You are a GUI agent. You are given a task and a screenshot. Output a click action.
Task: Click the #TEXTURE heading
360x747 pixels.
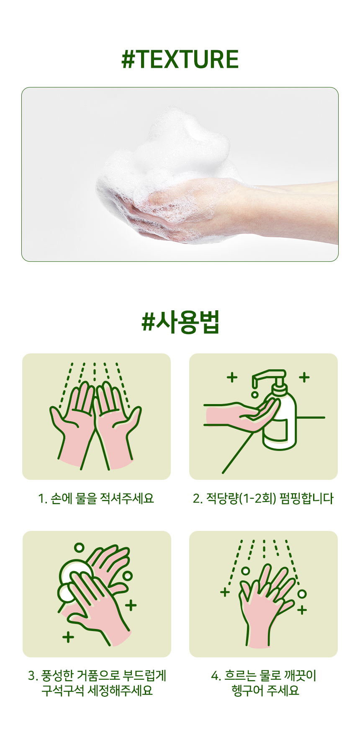coord(180,59)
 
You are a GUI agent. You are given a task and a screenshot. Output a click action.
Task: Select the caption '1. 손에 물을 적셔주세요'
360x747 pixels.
coord(96,498)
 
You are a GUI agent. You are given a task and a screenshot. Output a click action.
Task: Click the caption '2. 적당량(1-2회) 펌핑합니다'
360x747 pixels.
coord(263,498)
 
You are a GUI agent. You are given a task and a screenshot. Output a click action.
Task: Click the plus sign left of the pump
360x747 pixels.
coord(232,377)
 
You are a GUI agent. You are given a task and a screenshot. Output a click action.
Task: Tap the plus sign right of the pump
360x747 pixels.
coord(304,377)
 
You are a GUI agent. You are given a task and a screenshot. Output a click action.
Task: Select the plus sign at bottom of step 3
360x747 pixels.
coord(68,637)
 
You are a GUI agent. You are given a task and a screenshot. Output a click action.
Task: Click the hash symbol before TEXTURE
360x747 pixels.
coord(129,59)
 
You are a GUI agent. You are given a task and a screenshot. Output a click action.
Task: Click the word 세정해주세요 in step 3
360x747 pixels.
coord(121,690)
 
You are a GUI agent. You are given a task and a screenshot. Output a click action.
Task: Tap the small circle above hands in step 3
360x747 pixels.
coord(79,547)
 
